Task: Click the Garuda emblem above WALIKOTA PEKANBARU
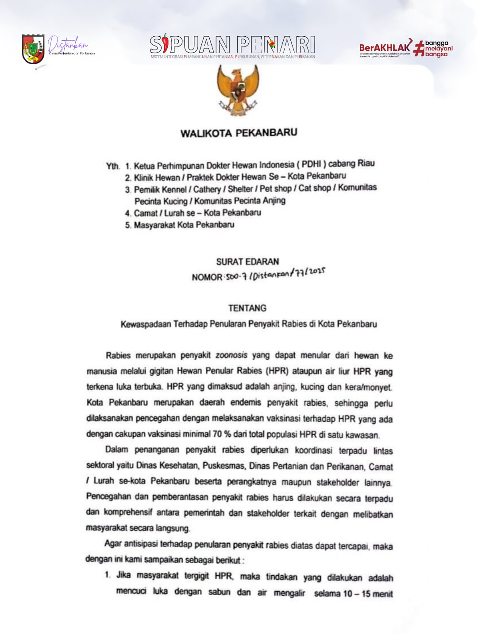click(x=238, y=90)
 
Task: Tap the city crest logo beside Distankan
click(x=33, y=49)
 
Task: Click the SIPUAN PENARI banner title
click(x=233, y=45)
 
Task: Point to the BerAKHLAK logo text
click(x=385, y=47)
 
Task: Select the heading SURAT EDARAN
click(x=247, y=261)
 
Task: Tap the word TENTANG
click(x=247, y=308)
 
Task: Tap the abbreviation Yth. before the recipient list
click(x=113, y=166)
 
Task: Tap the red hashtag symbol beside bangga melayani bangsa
click(x=418, y=49)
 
